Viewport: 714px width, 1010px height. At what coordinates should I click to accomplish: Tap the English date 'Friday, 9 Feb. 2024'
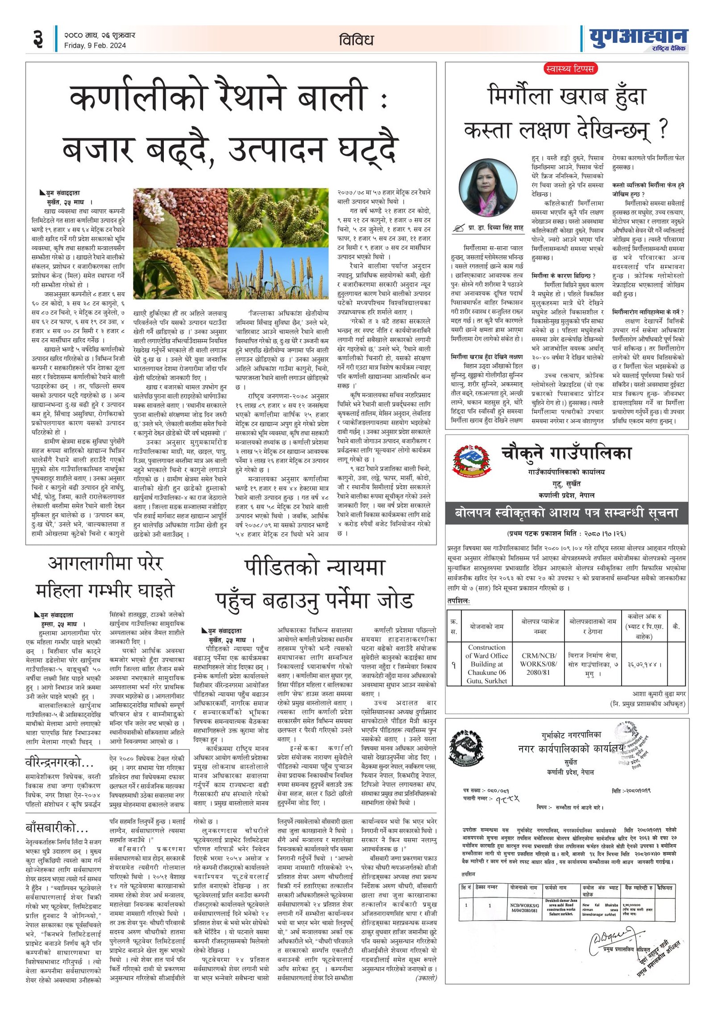tap(95, 46)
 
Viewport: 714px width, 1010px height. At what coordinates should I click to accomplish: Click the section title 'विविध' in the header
tap(356, 40)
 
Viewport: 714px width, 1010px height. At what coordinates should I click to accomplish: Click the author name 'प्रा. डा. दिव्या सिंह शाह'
tap(495, 228)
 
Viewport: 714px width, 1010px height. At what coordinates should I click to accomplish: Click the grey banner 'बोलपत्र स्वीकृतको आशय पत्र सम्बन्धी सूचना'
tap(566, 513)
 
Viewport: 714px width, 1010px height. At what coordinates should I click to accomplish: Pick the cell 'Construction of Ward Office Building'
tap(486, 663)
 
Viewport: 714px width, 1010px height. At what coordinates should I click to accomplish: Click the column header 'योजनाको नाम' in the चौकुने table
tap(486, 626)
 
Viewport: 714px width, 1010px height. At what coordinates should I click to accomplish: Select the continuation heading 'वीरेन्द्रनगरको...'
tap(59, 762)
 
